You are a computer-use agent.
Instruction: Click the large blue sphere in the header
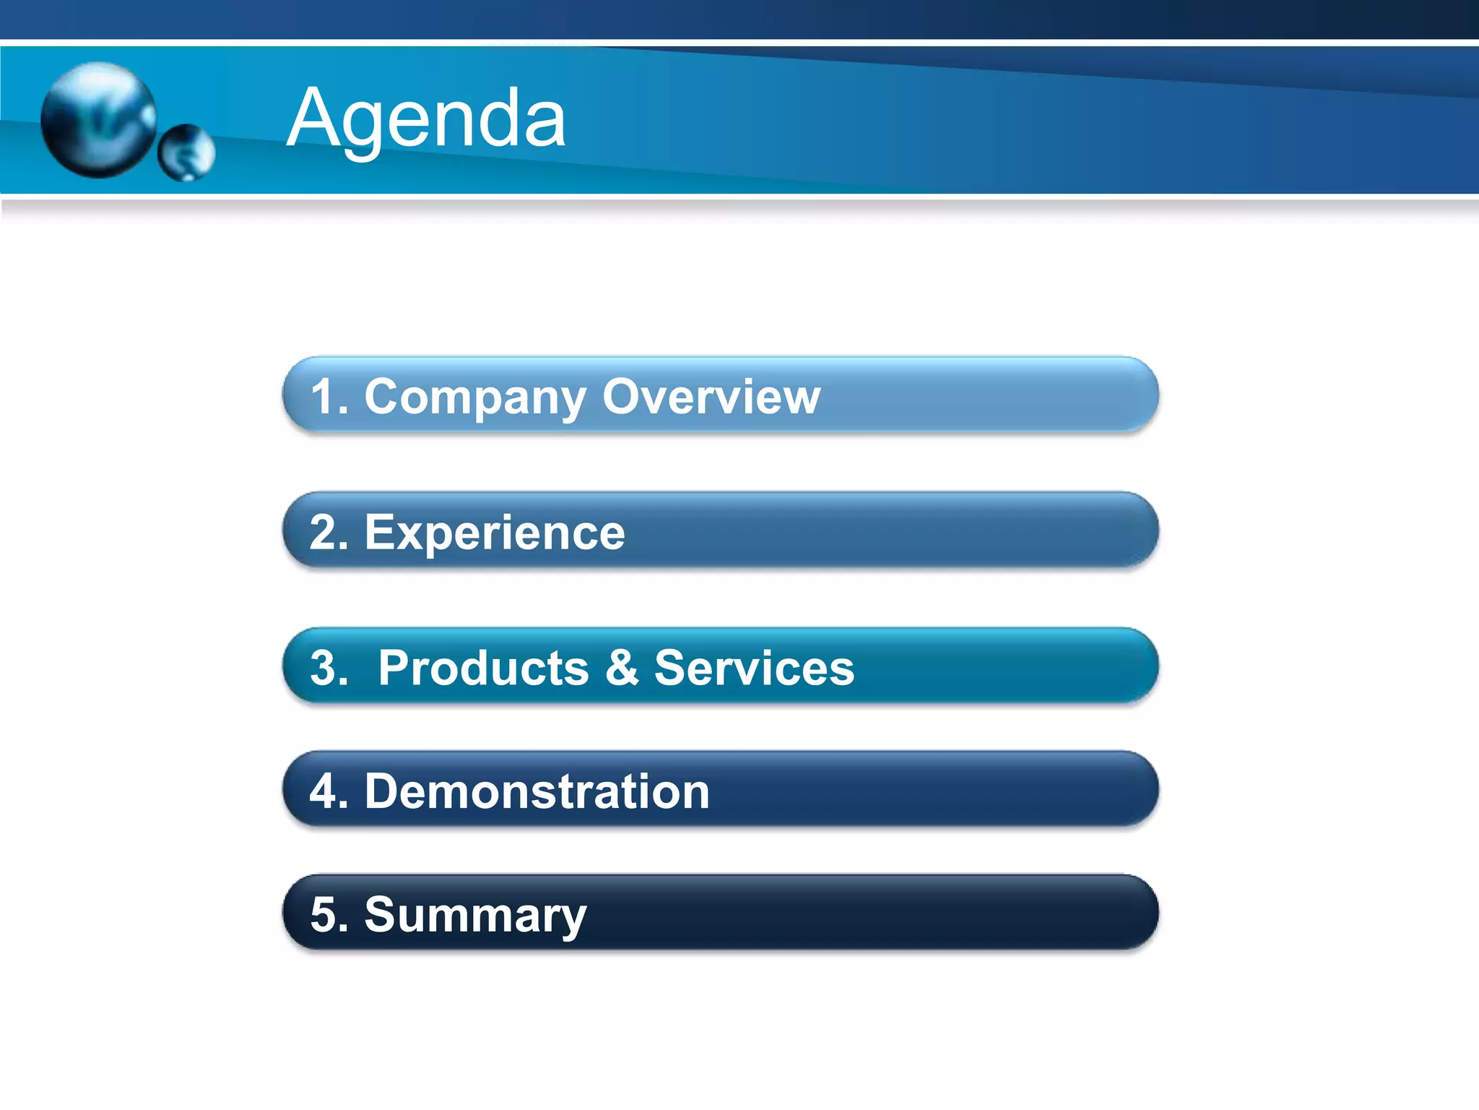[98, 120]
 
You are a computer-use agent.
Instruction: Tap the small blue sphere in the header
[186, 152]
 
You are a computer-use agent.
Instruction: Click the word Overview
[711, 397]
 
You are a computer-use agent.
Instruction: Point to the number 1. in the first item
[329, 397]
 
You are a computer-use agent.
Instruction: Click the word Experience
[495, 533]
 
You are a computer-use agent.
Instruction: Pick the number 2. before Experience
[329, 533]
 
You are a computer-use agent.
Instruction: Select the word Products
[483, 667]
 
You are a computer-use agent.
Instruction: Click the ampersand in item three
[622, 667]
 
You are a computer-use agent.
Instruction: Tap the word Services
[754, 667]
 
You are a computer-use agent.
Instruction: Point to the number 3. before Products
[329, 668]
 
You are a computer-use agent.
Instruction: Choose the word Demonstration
[537, 791]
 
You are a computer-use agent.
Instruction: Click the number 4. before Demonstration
[329, 791]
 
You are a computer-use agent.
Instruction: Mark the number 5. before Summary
[329, 914]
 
